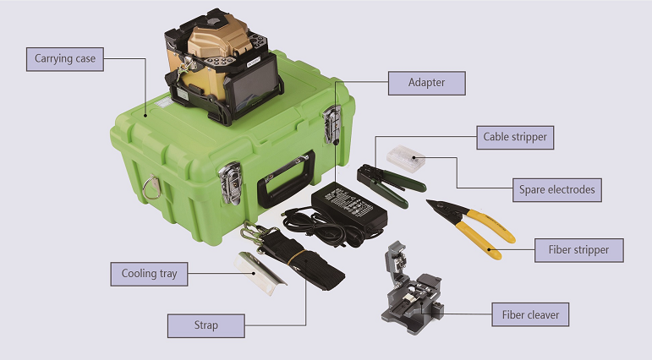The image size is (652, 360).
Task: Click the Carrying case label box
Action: click(x=65, y=59)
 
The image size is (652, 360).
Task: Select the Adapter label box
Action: click(x=426, y=83)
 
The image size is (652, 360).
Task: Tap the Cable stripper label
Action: click(x=515, y=137)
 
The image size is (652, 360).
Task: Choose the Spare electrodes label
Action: click(x=556, y=190)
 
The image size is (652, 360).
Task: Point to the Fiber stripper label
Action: click(x=578, y=250)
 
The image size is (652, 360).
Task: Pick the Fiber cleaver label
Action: click(x=530, y=314)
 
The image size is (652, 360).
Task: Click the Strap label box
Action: click(x=206, y=325)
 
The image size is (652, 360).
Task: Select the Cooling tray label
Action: click(x=150, y=274)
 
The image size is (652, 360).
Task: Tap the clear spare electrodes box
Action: click(x=406, y=159)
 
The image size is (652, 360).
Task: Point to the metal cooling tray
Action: click(x=260, y=273)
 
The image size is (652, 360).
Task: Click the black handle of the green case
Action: click(x=285, y=179)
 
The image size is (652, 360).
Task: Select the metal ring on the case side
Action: click(x=151, y=187)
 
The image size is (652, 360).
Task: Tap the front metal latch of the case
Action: click(x=231, y=183)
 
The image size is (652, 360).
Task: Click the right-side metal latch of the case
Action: click(x=332, y=124)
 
